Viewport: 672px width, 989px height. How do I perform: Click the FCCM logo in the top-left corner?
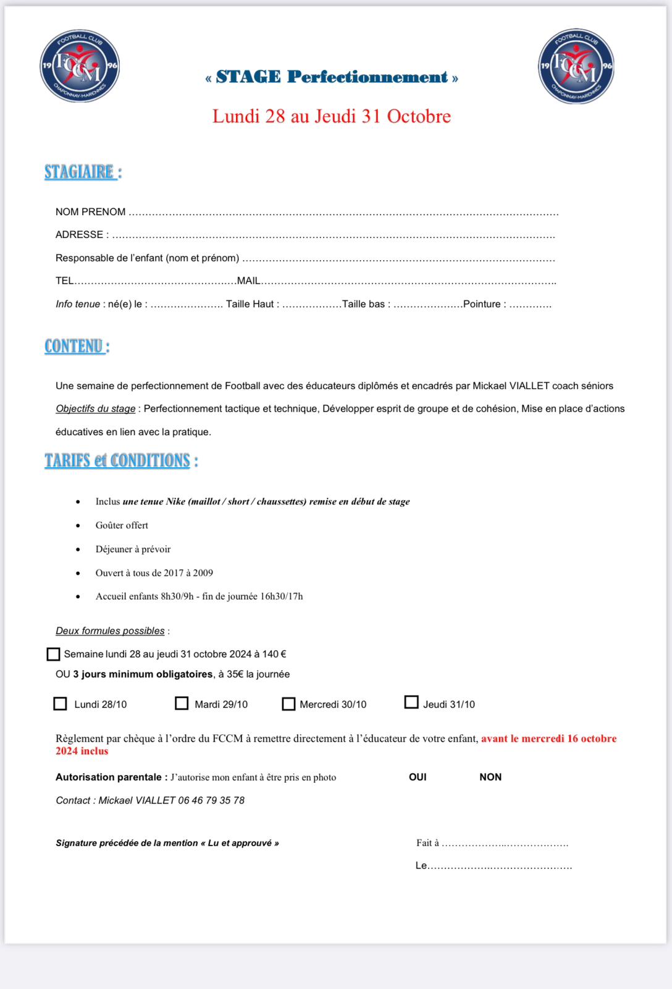point(80,66)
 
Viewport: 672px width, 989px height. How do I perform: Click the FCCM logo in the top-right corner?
point(576,66)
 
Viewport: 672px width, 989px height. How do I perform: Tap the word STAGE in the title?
point(248,77)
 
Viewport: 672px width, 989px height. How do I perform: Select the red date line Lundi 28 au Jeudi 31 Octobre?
point(332,116)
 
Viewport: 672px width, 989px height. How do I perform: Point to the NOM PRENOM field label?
point(90,212)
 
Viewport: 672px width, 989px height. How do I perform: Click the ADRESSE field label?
point(79,235)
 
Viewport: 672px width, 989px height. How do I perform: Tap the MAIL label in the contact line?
point(249,281)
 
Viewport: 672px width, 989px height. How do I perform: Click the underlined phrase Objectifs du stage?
point(96,409)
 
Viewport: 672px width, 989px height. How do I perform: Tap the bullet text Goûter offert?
point(122,525)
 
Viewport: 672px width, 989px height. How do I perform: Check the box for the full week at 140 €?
point(54,654)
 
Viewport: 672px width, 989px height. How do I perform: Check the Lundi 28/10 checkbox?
point(60,704)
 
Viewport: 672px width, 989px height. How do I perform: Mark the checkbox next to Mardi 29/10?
point(182,703)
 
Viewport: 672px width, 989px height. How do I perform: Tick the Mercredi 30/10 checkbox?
point(288,704)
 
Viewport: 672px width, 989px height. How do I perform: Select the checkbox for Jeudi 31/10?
point(411,702)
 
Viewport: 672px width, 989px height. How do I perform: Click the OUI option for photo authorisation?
point(418,777)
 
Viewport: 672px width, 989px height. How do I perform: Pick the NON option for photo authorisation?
point(490,777)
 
